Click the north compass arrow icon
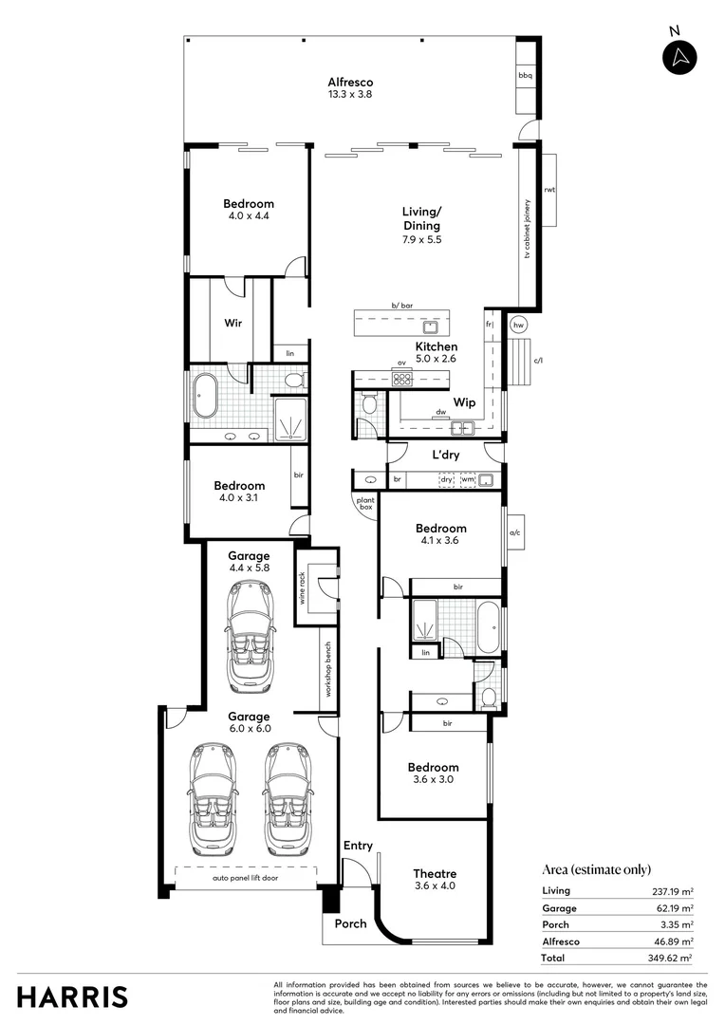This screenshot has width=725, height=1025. (x=679, y=57)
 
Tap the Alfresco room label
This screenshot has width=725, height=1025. (x=350, y=83)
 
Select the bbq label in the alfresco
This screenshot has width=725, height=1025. (x=525, y=75)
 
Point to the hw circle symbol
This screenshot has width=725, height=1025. (x=518, y=325)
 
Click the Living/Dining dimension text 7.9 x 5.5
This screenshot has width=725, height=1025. (x=421, y=240)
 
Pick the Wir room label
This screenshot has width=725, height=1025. (x=233, y=323)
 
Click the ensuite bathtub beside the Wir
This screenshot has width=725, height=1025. (x=205, y=399)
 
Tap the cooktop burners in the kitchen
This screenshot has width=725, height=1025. (x=402, y=379)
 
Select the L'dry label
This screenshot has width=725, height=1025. (x=446, y=456)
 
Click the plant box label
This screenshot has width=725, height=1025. (x=364, y=503)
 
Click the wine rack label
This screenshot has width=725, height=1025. (x=302, y=587)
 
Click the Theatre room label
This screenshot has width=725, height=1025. (x=435, y=873)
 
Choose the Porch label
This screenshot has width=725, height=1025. (x=349, y=923)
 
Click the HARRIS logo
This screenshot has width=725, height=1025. (x=73, y=997)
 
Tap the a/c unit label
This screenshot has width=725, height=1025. (x=515, y=533)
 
